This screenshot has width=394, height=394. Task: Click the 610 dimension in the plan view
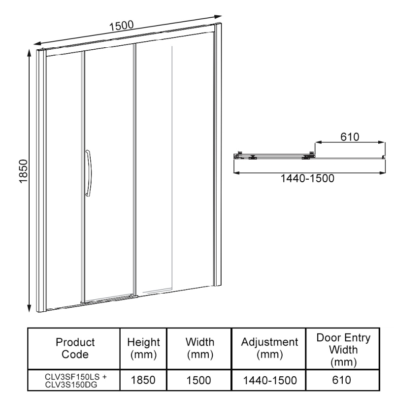click(x=349, y=136)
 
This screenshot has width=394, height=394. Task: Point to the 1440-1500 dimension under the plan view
click(x=307, y=179)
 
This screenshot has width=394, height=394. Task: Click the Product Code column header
click(x=75, y=348)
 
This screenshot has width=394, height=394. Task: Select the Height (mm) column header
click(x=143, y=348)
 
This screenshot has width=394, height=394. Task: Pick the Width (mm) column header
click(x=199, y=348)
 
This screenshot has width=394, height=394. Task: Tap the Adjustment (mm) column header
click(x=269, y=348)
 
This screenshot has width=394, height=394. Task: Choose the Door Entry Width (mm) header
click(x=343, y=348)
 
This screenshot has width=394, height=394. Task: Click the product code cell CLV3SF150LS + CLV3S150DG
click(x=75, y=380)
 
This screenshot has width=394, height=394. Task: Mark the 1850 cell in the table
click(x=143, y=380)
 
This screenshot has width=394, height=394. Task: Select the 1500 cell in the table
click(x=199, y=380)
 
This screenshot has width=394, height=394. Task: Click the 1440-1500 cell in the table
click(x=269, y=380)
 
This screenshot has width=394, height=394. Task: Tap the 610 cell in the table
click(x=343, y=380)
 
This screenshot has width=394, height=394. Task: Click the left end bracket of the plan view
click(x=238, y=156)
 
